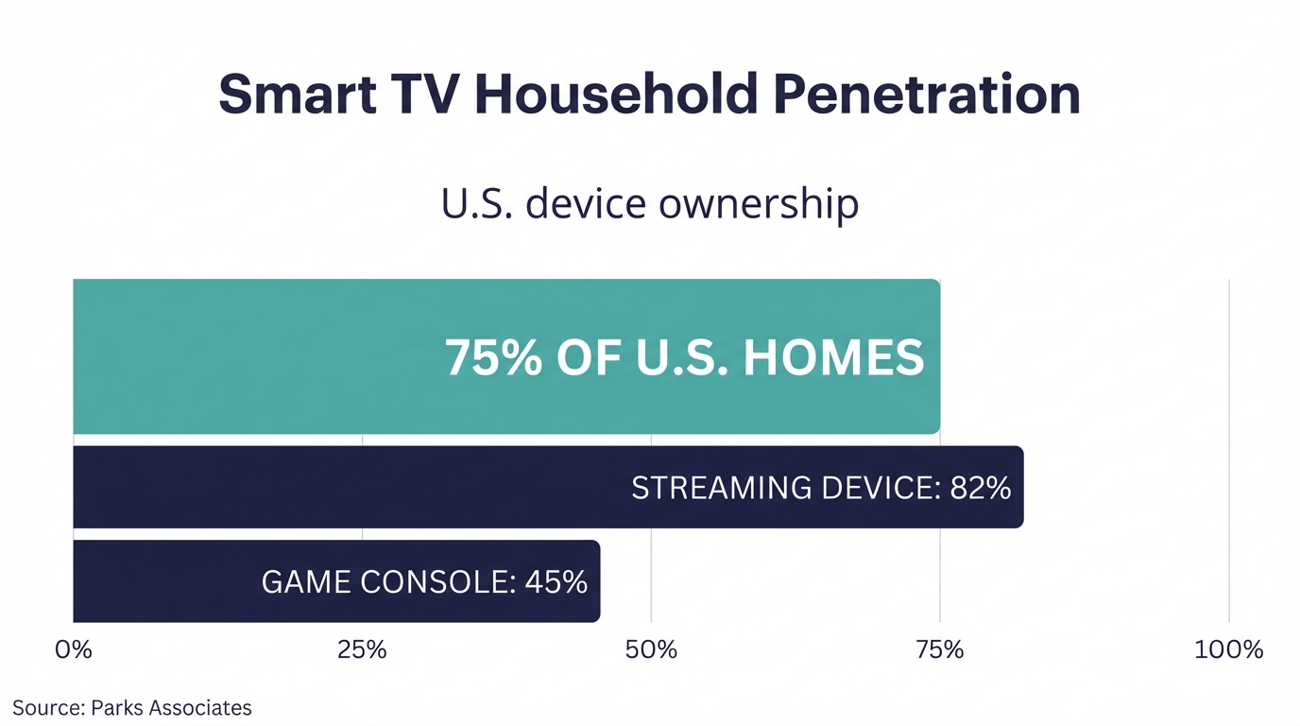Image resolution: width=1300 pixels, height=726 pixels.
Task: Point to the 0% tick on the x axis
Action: pyautogui.click(x=74, y=650)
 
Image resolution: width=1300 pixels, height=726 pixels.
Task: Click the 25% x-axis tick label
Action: pyautogui.click(x=362, y=650)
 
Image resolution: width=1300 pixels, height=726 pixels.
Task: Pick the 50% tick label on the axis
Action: pyautogui.click(x=652, y=650)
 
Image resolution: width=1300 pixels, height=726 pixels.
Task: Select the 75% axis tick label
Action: pyautogui.click(x=940, y=650)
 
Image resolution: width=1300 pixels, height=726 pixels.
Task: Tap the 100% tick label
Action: pyautogui.click(x=1228, y=650)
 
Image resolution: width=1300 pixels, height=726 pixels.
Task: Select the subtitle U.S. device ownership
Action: pyautogui.click(x=650, y=205)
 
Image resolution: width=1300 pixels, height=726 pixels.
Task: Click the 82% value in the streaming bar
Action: pyautogui.click(x=982, y=488)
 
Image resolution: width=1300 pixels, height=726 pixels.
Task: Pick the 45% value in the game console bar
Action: pyautogui.click(x=557, y=581)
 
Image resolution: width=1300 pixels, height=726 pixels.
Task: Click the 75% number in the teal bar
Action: pyautogui.click(x=494, y=358)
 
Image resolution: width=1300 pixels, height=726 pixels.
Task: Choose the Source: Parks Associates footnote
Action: pyautogui.click(x=132, y=707)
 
